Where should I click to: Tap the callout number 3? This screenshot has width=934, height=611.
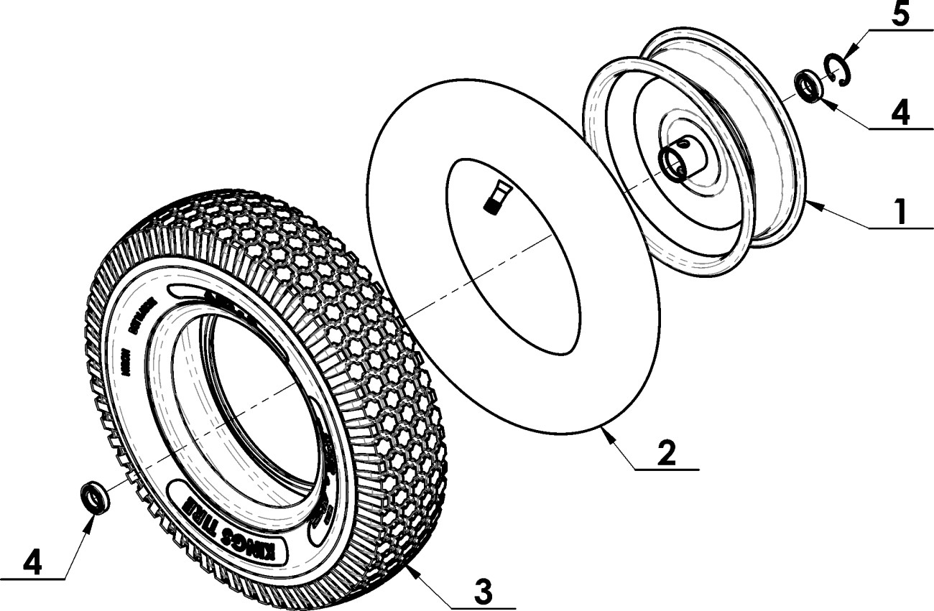click(x=484, y=592)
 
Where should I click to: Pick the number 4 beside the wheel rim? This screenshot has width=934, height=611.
click(x=900, y=113)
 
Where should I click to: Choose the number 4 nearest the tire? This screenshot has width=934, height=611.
click(x=31, y=561)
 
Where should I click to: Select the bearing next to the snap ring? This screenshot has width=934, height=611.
click(x=810, y=87)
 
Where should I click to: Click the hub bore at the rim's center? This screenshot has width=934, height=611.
click(x=675, y=162)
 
